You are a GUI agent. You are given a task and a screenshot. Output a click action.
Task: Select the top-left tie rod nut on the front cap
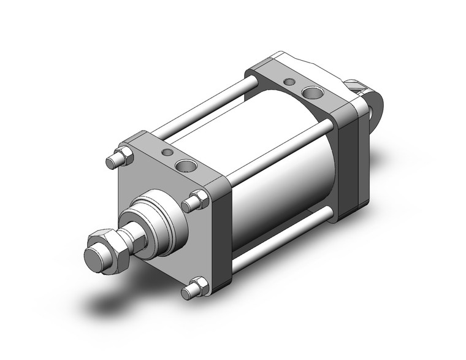tap(118, 158)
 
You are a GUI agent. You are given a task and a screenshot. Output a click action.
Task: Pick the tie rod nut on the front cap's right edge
tap(200, 200)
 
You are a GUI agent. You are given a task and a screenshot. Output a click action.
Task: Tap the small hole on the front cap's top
tap(166, 151)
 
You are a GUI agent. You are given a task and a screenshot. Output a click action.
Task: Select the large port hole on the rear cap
tap(313, 94)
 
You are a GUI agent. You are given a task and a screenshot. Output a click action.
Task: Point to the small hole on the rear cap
tap(289, 81)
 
